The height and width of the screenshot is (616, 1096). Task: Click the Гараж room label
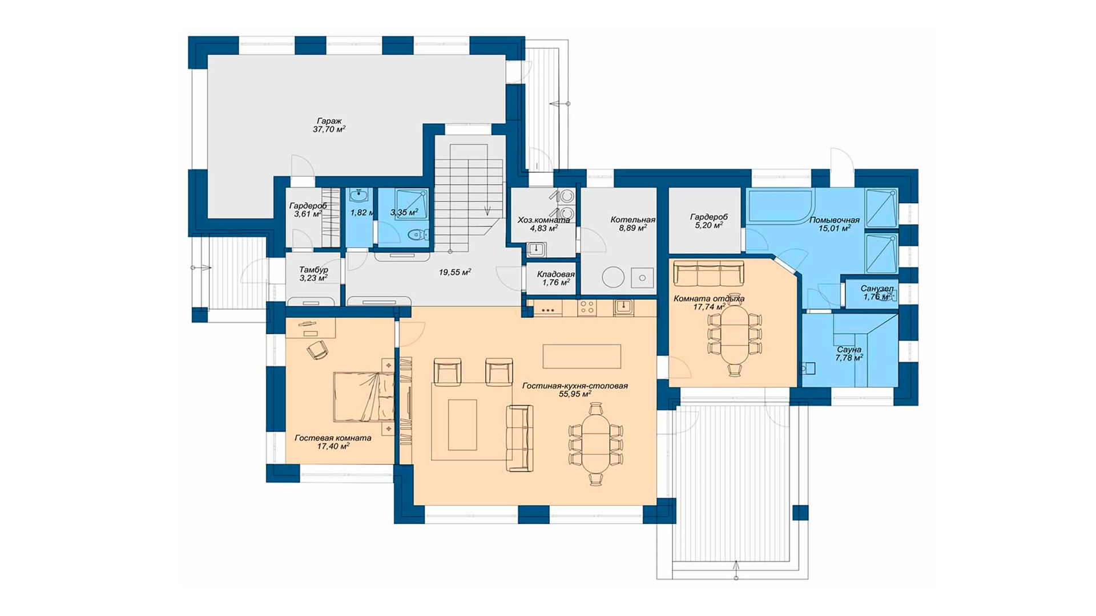(x=329, y=121)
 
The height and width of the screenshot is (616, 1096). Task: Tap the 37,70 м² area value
(x=329, y=129)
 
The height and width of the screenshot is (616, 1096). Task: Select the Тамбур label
(x=313, y=270)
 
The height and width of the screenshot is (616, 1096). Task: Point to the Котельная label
(x=632, y=220)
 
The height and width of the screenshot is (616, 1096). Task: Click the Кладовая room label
(x=555, y=274)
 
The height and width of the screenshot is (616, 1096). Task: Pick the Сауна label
(x=849, y=350)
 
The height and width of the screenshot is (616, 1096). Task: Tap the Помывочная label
(x=834, y=220)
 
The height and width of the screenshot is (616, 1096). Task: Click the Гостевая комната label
(x=333, y=438)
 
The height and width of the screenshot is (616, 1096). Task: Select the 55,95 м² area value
(x=575, y=394)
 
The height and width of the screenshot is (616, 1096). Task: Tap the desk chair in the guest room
(x=317, y=350)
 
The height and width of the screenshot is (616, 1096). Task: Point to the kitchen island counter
(x=582, y=356)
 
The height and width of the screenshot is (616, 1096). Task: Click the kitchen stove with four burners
(x=587, y=308)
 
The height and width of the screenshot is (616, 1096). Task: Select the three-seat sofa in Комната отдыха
(x=708, y=273)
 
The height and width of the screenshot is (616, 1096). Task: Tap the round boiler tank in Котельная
(x=613, y=278)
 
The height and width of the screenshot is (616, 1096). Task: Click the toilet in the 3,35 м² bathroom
(x=419, y=234)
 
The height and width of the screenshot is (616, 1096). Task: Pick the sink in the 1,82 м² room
(x=359, y=196)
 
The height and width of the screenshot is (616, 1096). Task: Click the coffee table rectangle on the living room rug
(x=462, y=425)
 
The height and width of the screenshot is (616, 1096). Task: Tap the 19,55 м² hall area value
(x=455, y=273)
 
